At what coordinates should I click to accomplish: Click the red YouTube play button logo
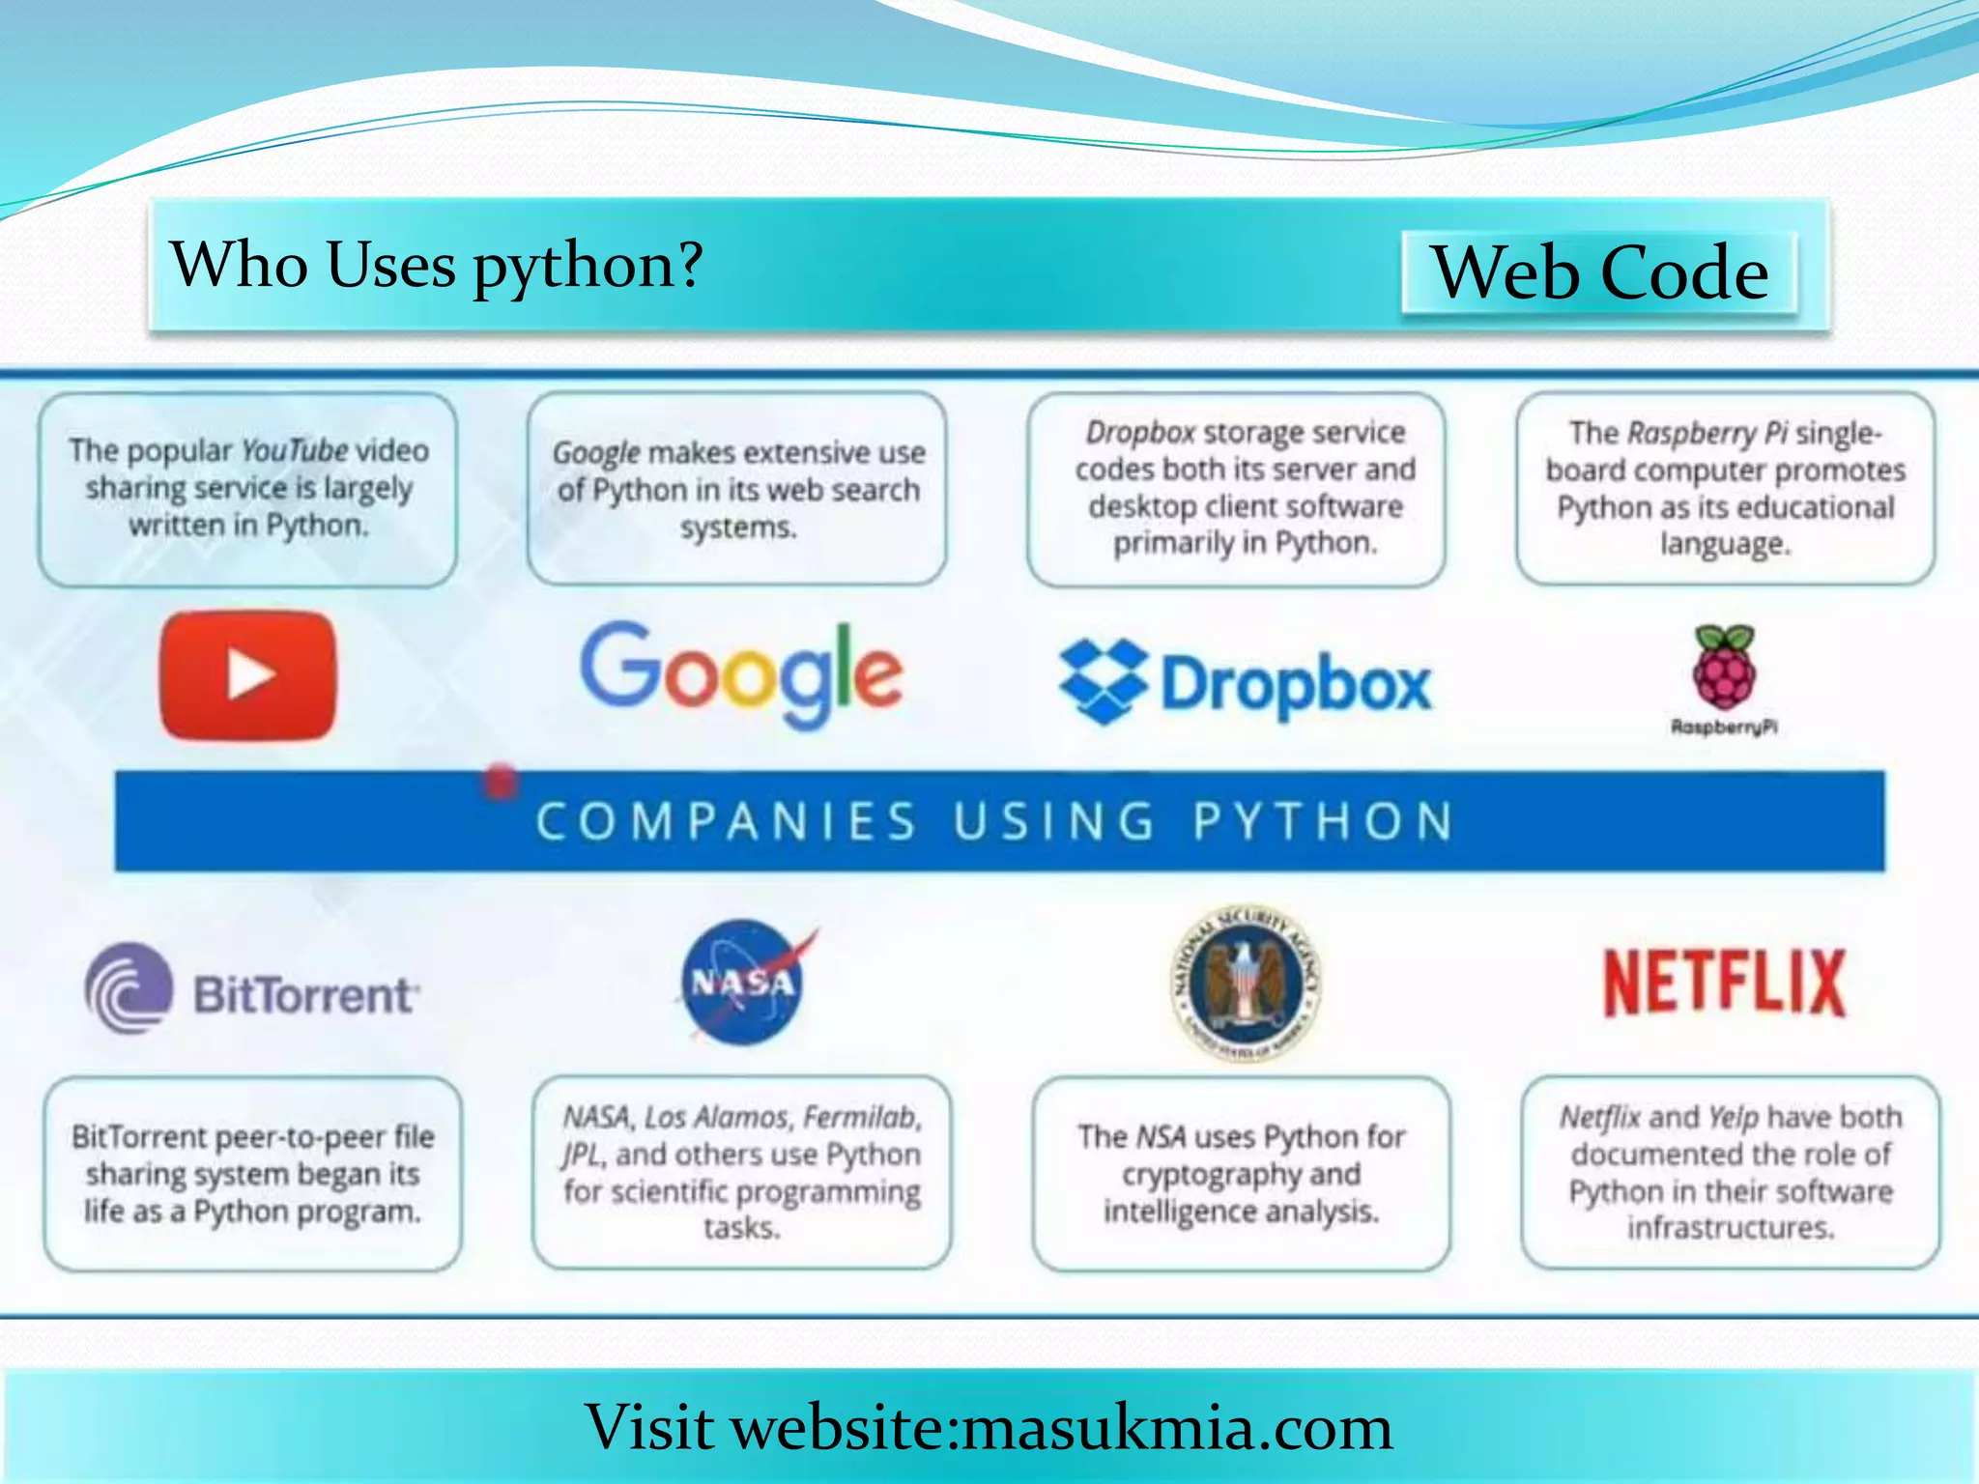pos(248,674)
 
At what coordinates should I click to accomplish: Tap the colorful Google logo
pos(741,672)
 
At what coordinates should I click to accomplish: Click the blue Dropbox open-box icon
pos(1103,681)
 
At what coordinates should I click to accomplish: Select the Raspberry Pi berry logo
pos(1725,668)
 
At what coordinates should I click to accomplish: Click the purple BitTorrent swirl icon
pos(129,989)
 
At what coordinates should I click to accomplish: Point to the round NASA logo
pos(743,983)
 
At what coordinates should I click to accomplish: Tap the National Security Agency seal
pos(1246,983)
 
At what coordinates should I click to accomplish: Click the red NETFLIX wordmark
pos(1725,983)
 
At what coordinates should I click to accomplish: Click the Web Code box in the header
pos(1599,272)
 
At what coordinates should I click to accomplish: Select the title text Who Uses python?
pos(436,265)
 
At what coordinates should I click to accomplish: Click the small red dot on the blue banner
pos(500,782)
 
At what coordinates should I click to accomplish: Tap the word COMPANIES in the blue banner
pos(726,822)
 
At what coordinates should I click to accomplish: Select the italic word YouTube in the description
pos(294,450)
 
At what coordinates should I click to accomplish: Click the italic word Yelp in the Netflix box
pos(1733,1118)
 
